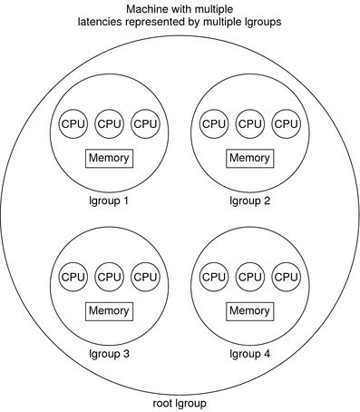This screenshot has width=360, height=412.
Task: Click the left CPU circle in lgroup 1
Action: [x=73, y=123]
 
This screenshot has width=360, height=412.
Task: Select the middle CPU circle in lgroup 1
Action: [x=109, y=123]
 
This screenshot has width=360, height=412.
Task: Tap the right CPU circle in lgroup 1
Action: [x=145, y=123]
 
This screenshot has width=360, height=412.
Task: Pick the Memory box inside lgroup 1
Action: [x=109, y=158]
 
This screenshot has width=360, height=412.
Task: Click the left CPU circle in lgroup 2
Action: [x=213, y=123]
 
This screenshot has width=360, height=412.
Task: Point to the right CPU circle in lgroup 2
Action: [x=286, y=123]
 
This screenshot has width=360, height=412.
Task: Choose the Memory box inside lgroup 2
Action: [x=249, y=158]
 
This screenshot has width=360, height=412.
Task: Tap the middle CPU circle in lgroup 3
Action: [x=109, y=276]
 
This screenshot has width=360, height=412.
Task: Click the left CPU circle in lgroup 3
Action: [x=73, y=276]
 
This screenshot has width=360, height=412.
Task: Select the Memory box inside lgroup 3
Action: [x=109, y=310]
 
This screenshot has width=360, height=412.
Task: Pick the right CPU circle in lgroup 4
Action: [x=286, y=276]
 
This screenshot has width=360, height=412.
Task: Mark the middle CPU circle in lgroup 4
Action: [x=249, y=276]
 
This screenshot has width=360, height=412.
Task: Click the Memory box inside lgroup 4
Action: [x=249, y=310]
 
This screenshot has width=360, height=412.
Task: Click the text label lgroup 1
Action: [x=109, y=201]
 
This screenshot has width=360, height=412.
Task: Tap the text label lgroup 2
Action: [x=249, y=201]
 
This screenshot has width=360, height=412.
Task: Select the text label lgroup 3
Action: [x=109, y=353]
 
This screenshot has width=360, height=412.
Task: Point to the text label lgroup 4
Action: [x=249, y=353]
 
